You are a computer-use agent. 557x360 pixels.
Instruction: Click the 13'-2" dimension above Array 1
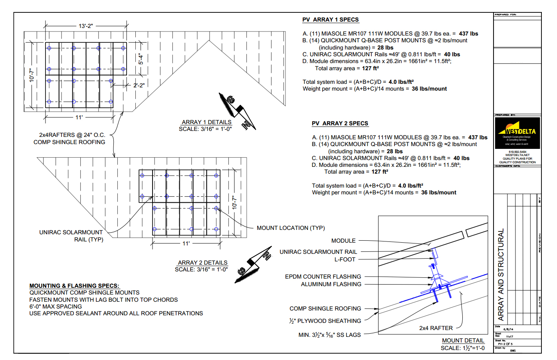85,26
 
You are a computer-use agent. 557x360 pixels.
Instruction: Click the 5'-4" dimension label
141,59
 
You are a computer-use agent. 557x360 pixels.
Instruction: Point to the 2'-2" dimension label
139,85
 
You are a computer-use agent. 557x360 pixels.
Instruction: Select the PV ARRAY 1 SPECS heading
330,20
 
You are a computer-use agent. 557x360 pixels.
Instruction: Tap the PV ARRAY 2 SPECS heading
340,123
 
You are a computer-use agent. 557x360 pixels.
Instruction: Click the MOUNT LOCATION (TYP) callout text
291,228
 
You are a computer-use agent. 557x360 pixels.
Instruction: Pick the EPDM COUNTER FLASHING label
323,277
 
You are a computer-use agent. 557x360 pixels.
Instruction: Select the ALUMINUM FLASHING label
331,284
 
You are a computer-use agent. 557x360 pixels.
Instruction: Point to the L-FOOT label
345,259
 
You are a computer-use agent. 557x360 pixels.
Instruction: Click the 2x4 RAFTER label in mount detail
436,328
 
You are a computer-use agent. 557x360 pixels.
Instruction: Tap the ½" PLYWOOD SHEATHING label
325,321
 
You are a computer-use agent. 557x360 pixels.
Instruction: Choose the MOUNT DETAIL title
463,340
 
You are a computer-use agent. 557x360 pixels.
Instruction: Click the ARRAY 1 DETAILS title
206,122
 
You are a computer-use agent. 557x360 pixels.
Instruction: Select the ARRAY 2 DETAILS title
202,263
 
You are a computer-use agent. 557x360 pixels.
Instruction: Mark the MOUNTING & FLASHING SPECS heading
74,286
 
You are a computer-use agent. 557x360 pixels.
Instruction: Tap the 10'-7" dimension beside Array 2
234,202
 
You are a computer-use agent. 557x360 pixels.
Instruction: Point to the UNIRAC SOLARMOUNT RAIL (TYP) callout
71,236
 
